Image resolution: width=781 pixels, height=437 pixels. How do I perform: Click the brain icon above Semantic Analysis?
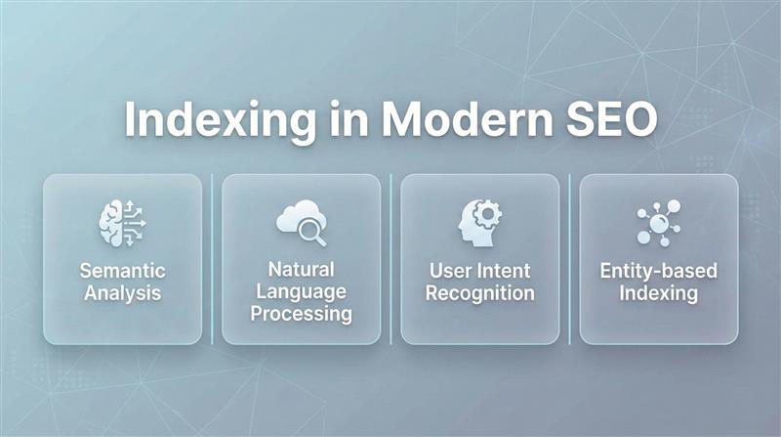point(122,222)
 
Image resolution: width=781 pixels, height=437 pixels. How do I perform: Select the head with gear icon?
point(479,222)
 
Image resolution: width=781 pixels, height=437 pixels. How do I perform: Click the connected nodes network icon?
point(658,222)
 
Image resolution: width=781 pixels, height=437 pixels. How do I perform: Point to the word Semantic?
point(122,270)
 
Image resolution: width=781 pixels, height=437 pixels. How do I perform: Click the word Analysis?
point(122,291)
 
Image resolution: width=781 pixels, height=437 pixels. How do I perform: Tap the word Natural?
point(301,269)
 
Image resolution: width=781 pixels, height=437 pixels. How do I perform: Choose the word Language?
point(301,291)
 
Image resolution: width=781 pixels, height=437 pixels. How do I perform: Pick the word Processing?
point(301,314)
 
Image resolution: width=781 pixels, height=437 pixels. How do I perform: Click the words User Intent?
point(479,270)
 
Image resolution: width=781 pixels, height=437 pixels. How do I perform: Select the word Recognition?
point(479,291)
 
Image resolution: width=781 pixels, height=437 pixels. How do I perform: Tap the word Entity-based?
point(658,270)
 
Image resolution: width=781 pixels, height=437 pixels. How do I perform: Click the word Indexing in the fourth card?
point(658,291)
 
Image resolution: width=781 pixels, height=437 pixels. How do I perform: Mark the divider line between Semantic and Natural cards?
point(212,259)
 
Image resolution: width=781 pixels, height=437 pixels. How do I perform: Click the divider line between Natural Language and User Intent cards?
point(390,259)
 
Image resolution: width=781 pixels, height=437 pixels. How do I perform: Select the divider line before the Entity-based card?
point(570,259)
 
